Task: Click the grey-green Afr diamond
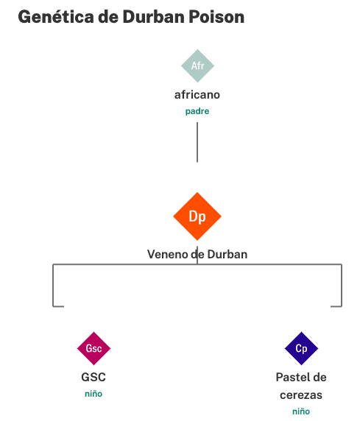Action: [197, 66]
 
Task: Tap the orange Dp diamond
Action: [197, 216]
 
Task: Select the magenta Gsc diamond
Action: [93, 349]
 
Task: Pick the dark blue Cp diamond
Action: [301, 349]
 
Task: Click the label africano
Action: [197, 95]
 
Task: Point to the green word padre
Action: [197, 111]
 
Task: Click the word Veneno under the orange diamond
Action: [168, 254]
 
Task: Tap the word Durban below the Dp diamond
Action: [227, 254]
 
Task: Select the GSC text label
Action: [93, 378]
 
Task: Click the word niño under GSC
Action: [93, 394]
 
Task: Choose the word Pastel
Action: [292, 378]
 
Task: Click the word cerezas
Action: [301, 395]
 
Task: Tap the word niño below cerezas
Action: [301, 411]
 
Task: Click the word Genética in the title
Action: [56, 17]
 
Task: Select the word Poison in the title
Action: [216, 17]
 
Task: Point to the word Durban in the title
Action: [154, 17]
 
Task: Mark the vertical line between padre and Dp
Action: [197, 142]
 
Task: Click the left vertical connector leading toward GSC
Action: [53, 285]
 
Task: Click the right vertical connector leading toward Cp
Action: [342, 285]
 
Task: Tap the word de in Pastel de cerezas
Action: [320, 378]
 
